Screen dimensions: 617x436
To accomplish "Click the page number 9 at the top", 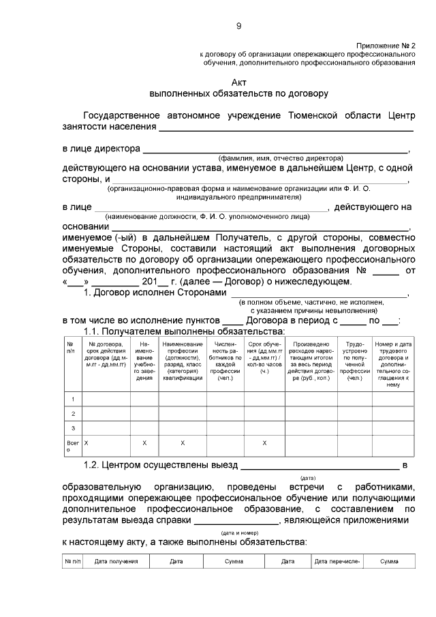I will point(238,26).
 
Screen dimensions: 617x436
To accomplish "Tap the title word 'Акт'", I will point(238,81).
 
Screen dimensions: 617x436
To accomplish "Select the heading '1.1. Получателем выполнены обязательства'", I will point(184,331).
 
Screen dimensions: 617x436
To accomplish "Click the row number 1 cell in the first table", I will point(72,398).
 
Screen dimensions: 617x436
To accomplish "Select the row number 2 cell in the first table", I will point(72,413).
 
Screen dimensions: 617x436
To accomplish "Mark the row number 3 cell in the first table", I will point(72,428).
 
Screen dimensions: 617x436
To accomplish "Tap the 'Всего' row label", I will point(72,447).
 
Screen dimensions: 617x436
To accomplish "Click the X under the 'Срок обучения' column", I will point(264,443).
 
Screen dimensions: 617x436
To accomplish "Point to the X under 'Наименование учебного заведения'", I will point(144,443).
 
